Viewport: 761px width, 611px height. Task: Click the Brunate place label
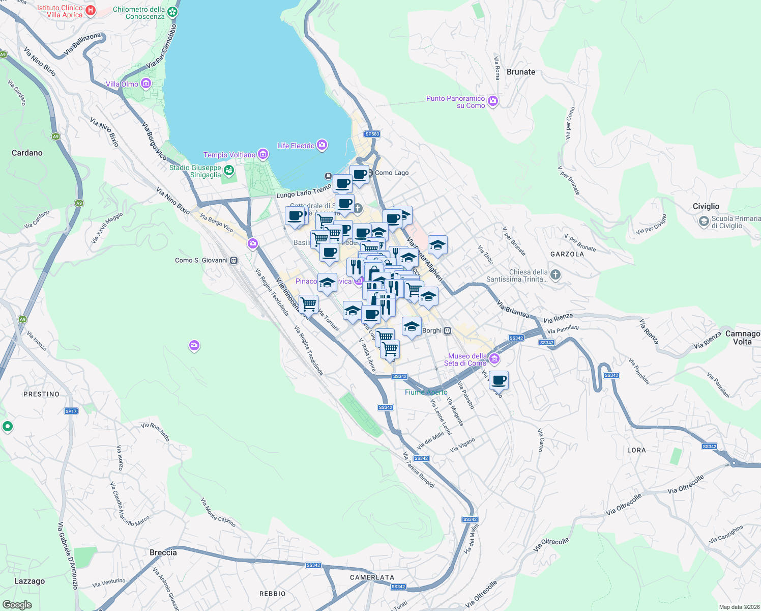pyautogui.click(x=520, y=72)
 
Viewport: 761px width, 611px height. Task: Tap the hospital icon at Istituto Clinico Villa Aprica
pyautogui.click(x=91, y=11)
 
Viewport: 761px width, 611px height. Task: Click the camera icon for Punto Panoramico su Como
pyautogui.click(x=492, y=101)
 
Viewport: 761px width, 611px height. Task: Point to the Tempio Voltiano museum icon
pyautogui.click(x=262, y=154)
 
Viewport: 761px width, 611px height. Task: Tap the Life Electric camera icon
pyautogui.click(x=321, y=146)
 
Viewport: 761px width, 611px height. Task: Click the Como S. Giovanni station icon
pyautogui.click(x=233, y=260)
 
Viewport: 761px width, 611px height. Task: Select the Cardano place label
pyautogui.click(x=27, y=153)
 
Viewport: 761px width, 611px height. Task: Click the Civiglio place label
pyautogui.click(x=706, y=206)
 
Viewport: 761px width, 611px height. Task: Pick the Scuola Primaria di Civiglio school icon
pyautogui.click(x=704, y=221)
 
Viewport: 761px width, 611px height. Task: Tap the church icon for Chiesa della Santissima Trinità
pyautogui.click(x=555, y=275)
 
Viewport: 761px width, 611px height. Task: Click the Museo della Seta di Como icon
pyautogui.click(x=494, y=359)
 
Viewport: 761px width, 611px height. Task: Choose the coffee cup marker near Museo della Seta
pyautogui.click(x=499, y=380)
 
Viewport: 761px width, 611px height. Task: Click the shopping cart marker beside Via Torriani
pyautogui.click(x=308, y=304)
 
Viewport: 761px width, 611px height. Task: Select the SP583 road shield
pyautogui.click(x=372, y=134)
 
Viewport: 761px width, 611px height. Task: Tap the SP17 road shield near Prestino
pyautogui.click(x=71, y=411)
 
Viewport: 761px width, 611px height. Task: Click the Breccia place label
pyautogui.click(x=163, y=552)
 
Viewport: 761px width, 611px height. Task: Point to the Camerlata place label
pyautogui.click(x=372, y=577)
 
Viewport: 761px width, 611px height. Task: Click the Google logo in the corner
pyautogui.click(x=17, y=604)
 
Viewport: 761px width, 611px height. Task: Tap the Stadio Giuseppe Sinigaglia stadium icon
pyautogui.click(x=228, y=170)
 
